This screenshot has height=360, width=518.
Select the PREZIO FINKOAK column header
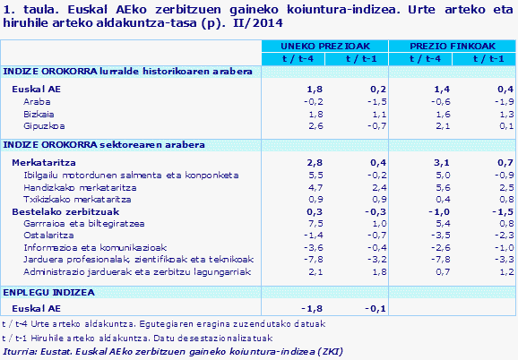(451, 45)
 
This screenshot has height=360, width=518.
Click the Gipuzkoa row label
(43, 126)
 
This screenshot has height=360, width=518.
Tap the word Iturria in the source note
(19, 352)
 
